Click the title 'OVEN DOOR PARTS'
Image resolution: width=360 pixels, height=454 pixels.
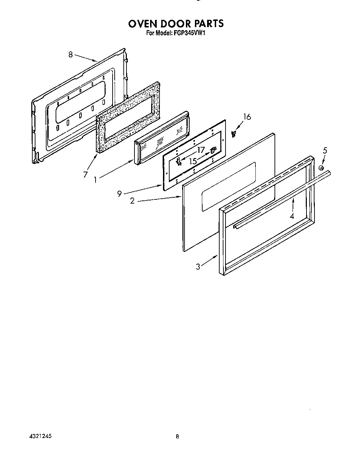point(176,24)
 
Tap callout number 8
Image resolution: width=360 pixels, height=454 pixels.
point(71,54)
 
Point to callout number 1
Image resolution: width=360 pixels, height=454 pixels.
point(95,180)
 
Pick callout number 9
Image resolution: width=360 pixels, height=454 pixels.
point(119,194)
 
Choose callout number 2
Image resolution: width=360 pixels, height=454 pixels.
point(132,201)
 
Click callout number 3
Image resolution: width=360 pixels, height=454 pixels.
point(198,267)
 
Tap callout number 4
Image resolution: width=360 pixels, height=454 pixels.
point(292,216)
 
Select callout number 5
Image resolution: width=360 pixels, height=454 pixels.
point(325,150)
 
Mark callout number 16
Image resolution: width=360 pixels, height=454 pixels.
point(247,117)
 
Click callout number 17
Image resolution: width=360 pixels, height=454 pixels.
point(201,150)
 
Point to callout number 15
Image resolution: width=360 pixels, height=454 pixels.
point(193,161)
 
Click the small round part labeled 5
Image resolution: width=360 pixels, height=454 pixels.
point(321,168)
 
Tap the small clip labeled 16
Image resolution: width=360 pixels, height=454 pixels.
point(234,133)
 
